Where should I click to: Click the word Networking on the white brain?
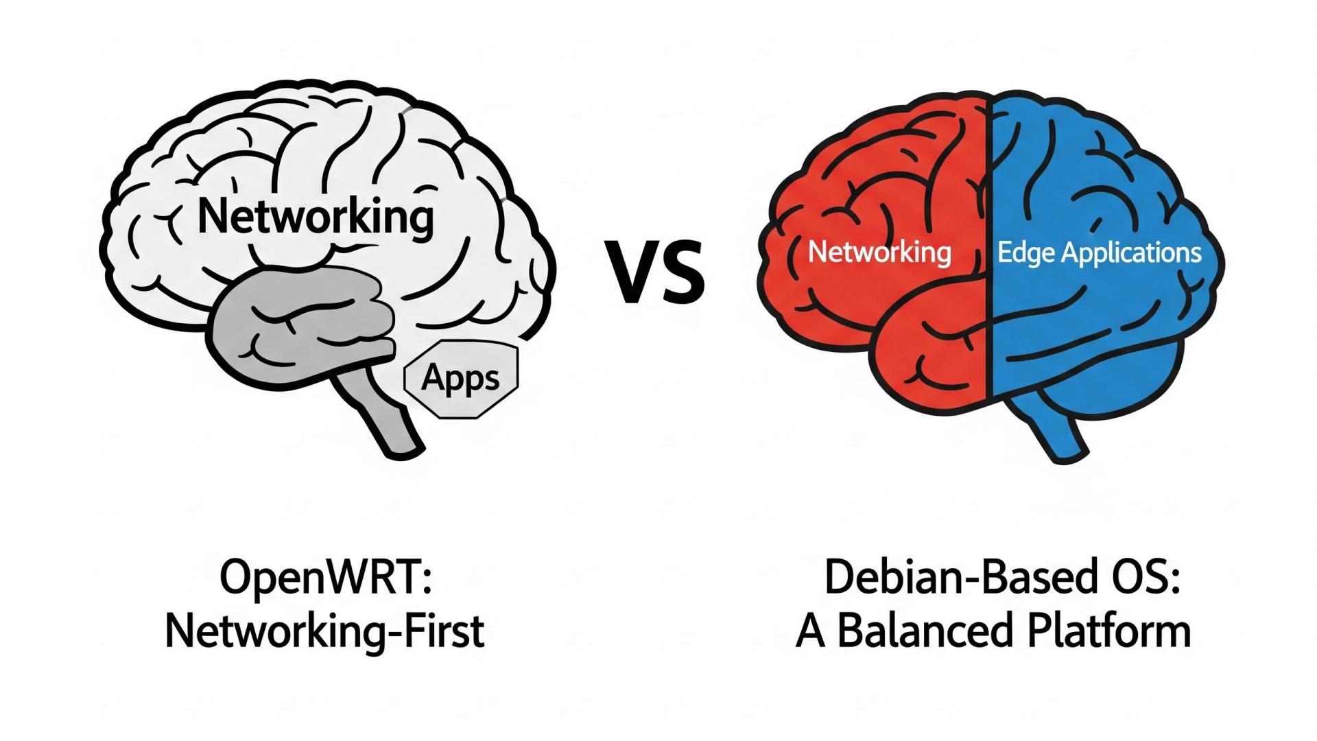[x=316, y=217]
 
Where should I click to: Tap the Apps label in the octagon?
[x=460, y=378]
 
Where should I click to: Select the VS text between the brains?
[x=654, y=272]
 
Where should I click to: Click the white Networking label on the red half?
[x=879, y=252]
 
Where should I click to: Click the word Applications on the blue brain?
[x=1131, y=253]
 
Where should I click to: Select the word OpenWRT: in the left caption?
[x=325, y=578]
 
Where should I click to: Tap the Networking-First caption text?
[x=325, y=631]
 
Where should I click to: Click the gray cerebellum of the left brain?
[x=302, y=322]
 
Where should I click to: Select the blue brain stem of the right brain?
[x=1056, y=432]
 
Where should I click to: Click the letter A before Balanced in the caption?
[x=811, y=631]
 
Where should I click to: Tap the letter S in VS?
[x=682, y=272]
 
